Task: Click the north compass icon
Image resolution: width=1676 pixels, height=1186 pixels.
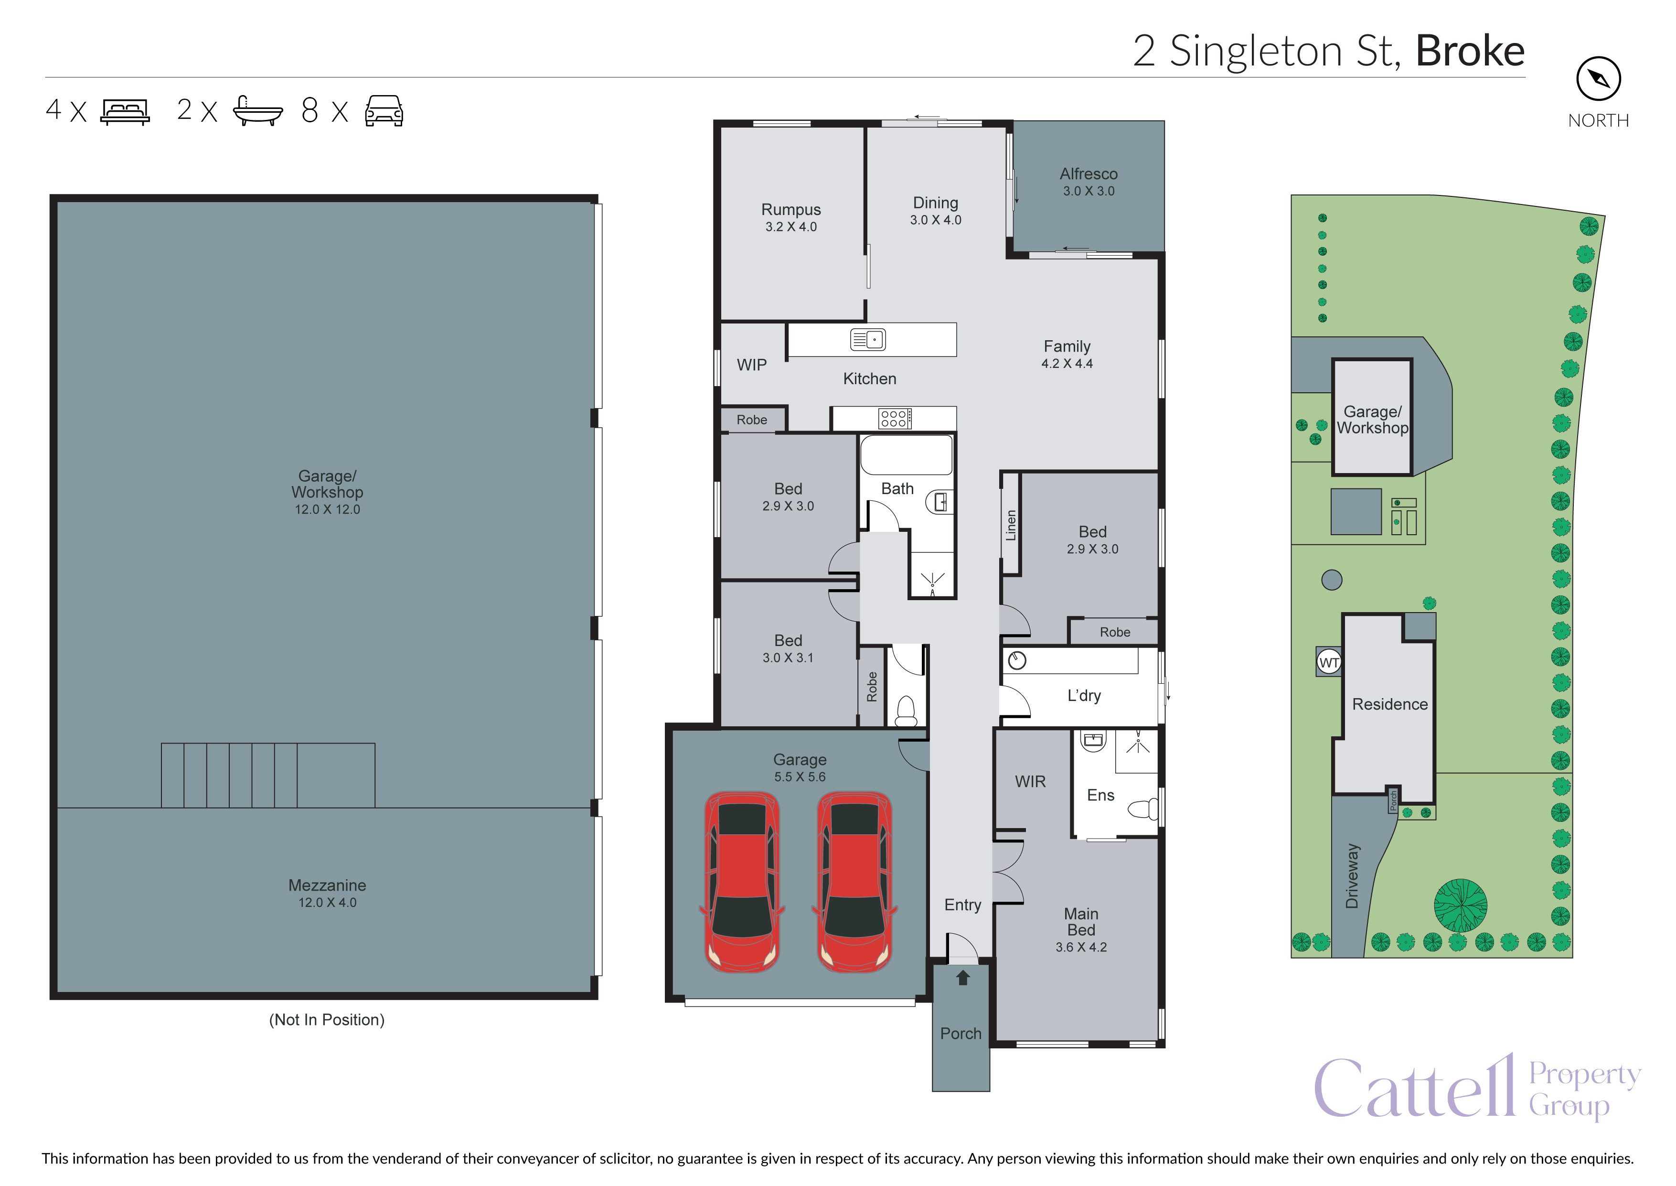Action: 1598,79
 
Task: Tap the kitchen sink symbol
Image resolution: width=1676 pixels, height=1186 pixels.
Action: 868,340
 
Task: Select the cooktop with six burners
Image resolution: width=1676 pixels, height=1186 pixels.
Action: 895,419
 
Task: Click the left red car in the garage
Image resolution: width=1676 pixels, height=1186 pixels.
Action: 742,882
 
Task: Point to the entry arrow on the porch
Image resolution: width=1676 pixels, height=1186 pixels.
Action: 963,977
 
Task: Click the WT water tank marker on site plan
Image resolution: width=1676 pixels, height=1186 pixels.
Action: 1329,662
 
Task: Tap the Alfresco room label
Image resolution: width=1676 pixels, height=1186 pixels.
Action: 1089,174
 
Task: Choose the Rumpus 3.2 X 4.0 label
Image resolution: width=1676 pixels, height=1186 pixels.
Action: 790,217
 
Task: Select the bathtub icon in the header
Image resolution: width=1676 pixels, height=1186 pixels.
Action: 257,111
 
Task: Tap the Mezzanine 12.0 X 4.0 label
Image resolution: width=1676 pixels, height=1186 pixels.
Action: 327,893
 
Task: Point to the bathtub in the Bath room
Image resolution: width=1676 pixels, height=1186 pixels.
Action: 906,455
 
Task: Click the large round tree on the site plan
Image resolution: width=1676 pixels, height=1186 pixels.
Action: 1460,906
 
